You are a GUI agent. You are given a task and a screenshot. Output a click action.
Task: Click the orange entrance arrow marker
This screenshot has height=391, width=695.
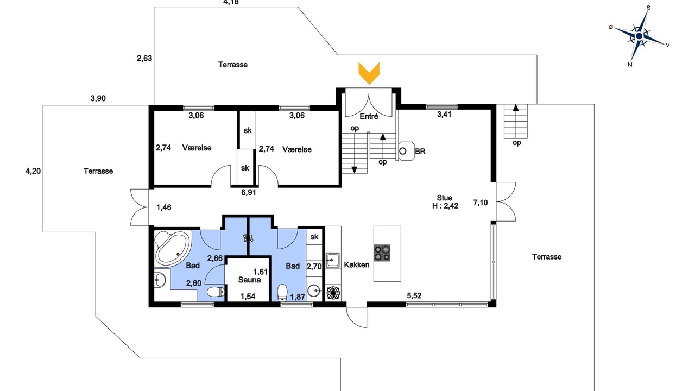pyautogui.click(x=369, y=73)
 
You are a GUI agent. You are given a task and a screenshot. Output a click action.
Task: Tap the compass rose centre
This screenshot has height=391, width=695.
pyautogui.click(x=639, y=36)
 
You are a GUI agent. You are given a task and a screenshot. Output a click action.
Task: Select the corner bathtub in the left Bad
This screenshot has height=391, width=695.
pyautogui.click(x=172, y=249)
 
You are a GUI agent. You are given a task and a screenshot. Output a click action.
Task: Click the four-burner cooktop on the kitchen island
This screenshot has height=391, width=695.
pyautogui.click(x=382, y=253)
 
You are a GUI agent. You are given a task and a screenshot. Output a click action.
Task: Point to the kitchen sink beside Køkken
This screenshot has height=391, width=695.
pyautogui.click(x=333, y=260)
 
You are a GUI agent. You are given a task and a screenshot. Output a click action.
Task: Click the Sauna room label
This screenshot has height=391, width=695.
pyautogui.click(x=249, y=280)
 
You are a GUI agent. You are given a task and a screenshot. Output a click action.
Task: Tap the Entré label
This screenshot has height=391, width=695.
pyautogui.click(x=369, y=117)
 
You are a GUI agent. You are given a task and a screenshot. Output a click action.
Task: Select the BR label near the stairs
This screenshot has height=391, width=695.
pyautogui.click(x=420, y=152)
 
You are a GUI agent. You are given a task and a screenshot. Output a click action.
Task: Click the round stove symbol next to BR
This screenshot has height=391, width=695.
pyautogui.click(x=403, y=151)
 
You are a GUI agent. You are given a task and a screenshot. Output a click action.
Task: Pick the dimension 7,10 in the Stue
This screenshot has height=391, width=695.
pyautogui.click(x=481, y=203)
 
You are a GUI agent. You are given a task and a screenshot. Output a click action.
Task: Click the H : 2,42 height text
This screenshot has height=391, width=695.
pyautogui.click(x=445, y=206)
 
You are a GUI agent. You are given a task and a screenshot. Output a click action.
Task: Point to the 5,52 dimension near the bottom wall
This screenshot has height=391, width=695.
pyautogui.click(x=414, y=296)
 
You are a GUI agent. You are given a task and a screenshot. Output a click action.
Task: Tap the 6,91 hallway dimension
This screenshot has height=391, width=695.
pyautogui.click(x=249, y=193)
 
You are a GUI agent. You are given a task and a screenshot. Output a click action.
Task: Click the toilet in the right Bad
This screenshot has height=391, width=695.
pyautogui.click(x=282, y=293)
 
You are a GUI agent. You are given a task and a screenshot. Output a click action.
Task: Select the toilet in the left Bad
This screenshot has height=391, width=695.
pyautogui.click(x=216, y=292)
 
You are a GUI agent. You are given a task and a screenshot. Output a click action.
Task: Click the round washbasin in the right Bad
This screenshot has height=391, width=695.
pyautogui.click(x=314, y=291)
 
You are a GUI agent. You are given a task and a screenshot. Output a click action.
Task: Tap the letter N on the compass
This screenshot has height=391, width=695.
pyautogui.click(x=630, y=65)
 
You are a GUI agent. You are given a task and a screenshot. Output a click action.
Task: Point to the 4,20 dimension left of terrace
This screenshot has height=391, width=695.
pyautogui.click(x=33, y=171)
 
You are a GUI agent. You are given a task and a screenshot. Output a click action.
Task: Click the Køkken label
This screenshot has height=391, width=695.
pyautogui.click(x=357, y=265)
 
